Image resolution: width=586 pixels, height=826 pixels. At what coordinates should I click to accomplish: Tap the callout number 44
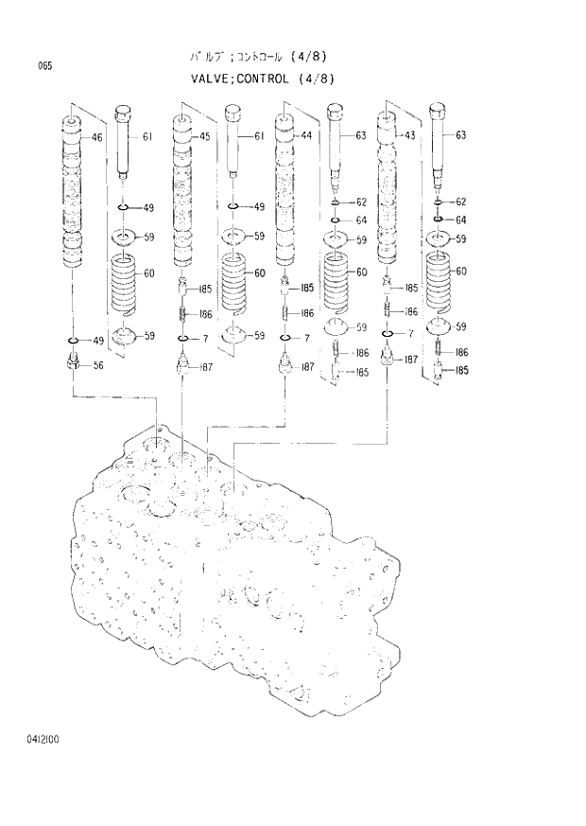[306, 136]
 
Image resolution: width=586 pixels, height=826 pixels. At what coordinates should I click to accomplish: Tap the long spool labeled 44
[285, 189]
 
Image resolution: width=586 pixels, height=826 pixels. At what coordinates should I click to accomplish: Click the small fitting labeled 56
[74, 361]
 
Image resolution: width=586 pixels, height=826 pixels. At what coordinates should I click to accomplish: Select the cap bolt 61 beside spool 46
[124, 142]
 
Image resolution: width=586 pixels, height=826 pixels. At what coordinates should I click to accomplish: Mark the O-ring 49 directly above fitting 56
[74, 340]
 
